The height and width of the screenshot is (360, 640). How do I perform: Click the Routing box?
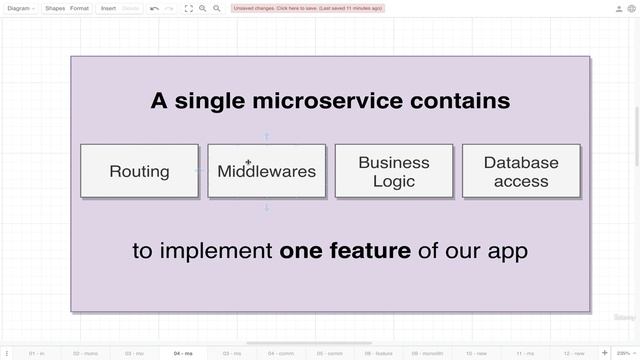click(x=139, y=171)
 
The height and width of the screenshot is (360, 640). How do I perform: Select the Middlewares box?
click(x=266, y=171)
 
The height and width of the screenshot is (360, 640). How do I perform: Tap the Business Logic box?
click(x=394, y=171)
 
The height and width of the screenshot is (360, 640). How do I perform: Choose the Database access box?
click(x=521, y=171)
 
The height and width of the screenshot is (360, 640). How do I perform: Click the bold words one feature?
click(x=345, y=250)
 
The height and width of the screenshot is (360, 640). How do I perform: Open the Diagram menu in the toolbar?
click(x=20, y=8)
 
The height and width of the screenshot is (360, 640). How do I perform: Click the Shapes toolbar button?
click(x=55, y=8)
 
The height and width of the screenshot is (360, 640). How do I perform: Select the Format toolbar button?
click(x=79, y=8)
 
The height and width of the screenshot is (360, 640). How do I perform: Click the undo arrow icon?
click(x=155, y=8)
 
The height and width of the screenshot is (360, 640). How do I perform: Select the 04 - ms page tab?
click(x=183, y=353)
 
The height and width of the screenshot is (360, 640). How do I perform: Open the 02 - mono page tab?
click(x=85, y=353)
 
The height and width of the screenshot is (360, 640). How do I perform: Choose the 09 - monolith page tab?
click(x=427, y=353)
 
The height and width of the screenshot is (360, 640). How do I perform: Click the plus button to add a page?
click(x=605, y=353)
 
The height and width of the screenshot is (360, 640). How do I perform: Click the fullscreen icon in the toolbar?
click(x=188, y=8)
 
